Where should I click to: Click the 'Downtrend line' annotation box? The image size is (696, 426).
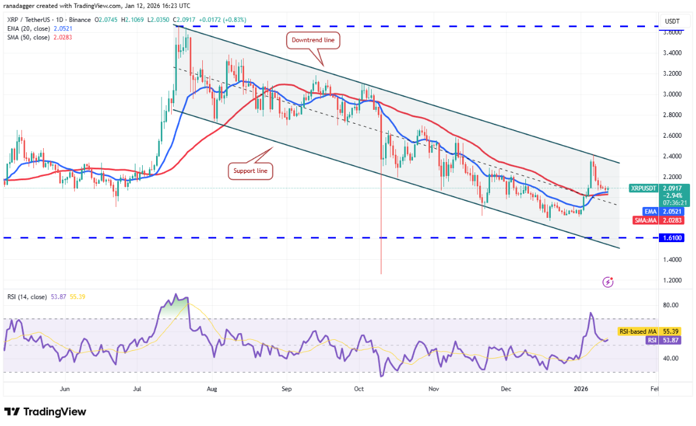[313, 41]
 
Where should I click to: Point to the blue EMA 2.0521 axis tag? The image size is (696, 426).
[652, 211]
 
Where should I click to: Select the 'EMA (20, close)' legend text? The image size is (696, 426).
[29, 29]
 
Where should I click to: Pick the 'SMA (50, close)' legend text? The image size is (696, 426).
[29, 37]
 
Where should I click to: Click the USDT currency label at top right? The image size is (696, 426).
[672, 21]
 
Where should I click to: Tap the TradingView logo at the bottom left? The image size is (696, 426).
[45, 412]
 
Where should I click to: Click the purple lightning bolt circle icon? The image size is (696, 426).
[608, 282]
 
